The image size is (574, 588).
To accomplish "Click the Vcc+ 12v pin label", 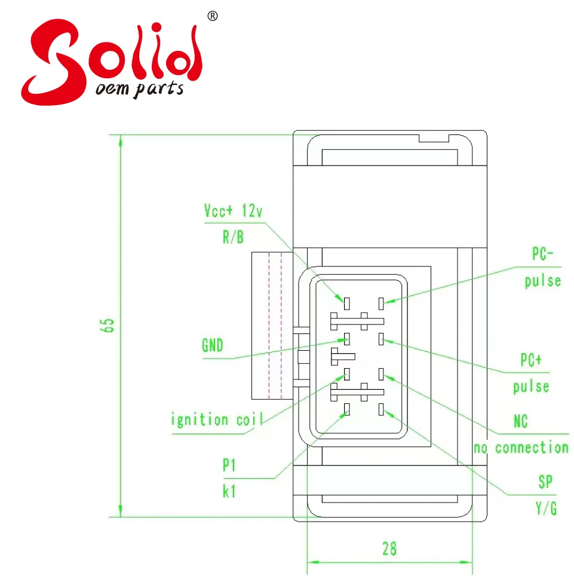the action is point(233,211).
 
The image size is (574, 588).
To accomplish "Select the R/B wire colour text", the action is point(233,237).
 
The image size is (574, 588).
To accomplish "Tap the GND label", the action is point(213,345).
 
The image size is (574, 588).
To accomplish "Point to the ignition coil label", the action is point(217,419).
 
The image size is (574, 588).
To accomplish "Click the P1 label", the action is point(229,465).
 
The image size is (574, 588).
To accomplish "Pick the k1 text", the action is point(229,491).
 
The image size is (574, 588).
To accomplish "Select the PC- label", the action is point(542,254).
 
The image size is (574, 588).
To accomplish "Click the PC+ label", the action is point(531,360).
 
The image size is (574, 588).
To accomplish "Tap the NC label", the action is point(520,421).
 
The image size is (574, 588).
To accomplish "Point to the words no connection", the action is point(521,448).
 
